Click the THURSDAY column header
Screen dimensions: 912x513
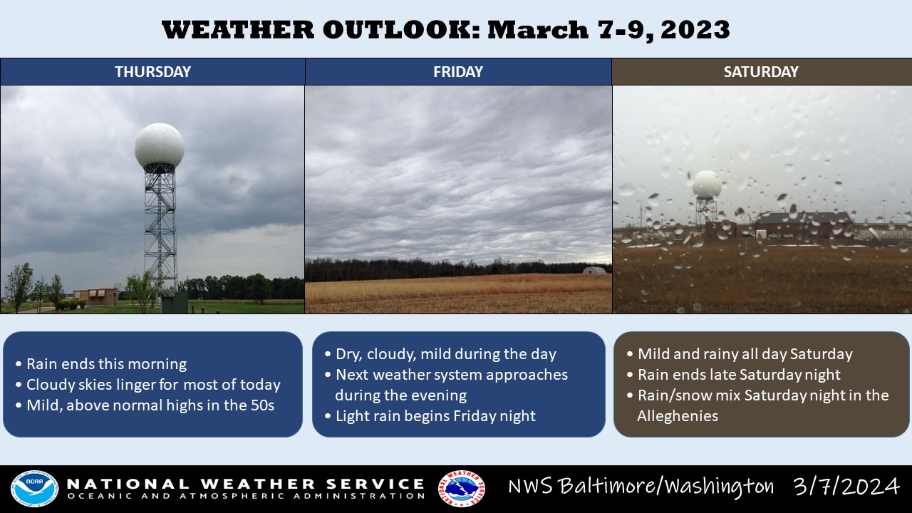[x=152, y=72]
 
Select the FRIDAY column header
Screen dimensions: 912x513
[x=458, y=72]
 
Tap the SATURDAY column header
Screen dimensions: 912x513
[x=762, y=72]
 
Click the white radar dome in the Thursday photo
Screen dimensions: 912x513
[x=159, y=145]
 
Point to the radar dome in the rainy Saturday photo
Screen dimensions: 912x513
[x=706, y=185]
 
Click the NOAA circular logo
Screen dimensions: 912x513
[x=34, y=489]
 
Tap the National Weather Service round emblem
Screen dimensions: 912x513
[x=461, y=489]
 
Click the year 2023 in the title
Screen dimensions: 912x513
[x=695, y=30]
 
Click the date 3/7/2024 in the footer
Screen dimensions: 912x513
[x=846, y=486]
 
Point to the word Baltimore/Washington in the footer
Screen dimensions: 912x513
[x=641, y=486]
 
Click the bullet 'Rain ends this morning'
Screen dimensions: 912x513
[x=101, y=363]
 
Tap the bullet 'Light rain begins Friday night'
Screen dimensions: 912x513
[x=430, y=416]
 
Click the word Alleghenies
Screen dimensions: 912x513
[x=678, y=416]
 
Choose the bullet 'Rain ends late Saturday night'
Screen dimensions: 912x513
[x=734, y=375]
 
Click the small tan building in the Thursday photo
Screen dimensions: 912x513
[x=96, y=296]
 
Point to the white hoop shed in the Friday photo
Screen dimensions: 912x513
[x=594, y=270]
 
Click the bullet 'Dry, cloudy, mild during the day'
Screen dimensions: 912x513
[x=440, y=354]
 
